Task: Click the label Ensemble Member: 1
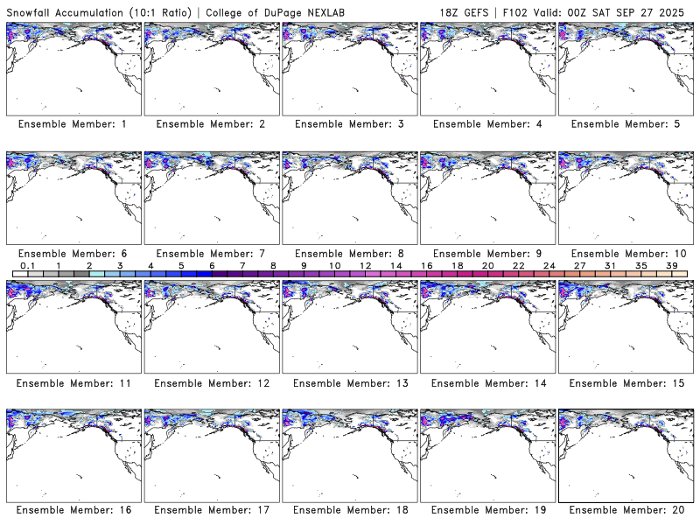click(x=73, y=124)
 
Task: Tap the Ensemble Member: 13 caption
click(x=349, y=382)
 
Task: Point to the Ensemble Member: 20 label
click(x=626, y=510)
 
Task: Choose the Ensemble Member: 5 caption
click(x=626, y=124)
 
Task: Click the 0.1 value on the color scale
click(x=27, y=265)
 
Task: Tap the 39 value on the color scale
click(x=672, y=265)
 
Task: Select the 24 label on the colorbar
click(x=549, y=265)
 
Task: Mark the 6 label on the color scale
click(x=212, y=265)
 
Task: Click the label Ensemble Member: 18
click(x=349, y=510)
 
